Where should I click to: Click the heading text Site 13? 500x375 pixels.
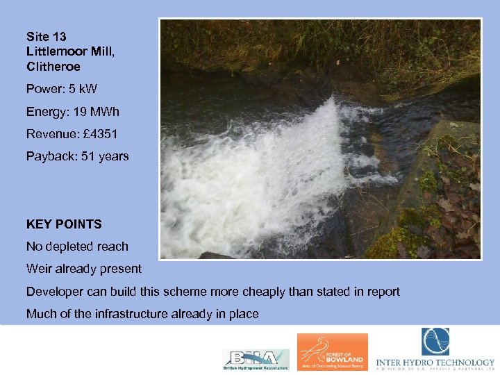(x=46, y=36)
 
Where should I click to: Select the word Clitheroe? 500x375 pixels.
(x=53, y=67)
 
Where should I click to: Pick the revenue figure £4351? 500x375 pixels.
(x=102, y=133)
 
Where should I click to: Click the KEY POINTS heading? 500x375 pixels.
(x=64, y=224)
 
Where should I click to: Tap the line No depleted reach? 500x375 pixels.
(x=77, y=247)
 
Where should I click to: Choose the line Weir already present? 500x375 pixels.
(x=83, y=269)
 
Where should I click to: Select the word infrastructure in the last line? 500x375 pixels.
(x=132, y=314)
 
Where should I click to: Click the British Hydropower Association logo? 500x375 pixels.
(x=255, y=358)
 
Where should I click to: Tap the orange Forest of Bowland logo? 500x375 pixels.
(x=332, y=352)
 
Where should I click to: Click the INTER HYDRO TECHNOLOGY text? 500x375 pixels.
(x=435, y=362)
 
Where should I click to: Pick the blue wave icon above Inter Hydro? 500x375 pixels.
(x=435, y=342)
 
